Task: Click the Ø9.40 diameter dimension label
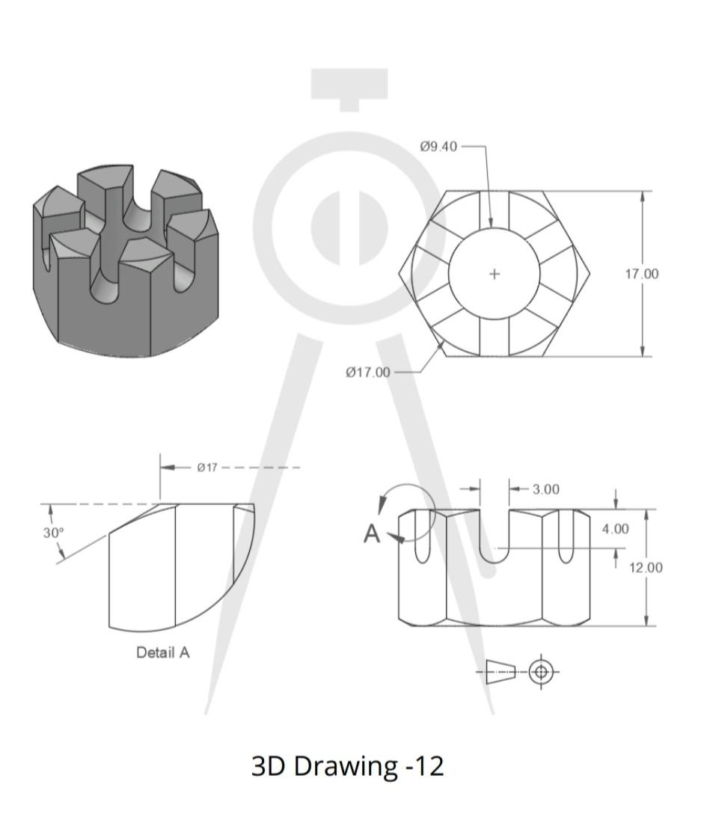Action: coord(438,147)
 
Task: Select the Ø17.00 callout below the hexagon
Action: coord(367,373)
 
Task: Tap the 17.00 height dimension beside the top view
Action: coord(642,274)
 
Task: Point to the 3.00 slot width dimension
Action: coord(545,489)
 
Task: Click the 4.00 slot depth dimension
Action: coord(615,529)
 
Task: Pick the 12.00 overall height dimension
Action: coord(645,567)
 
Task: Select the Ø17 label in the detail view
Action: coord(207,468)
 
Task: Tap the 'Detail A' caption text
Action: coord(163,652)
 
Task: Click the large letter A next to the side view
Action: coord(372,534)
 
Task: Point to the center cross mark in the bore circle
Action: coord(494,274)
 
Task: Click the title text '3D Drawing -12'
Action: coord(347,766)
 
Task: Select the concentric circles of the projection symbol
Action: coord(541,672)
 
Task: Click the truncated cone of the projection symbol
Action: coord(501,672)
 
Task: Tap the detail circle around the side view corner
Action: coord(408,511)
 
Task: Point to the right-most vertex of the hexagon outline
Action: coord(590,274)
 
